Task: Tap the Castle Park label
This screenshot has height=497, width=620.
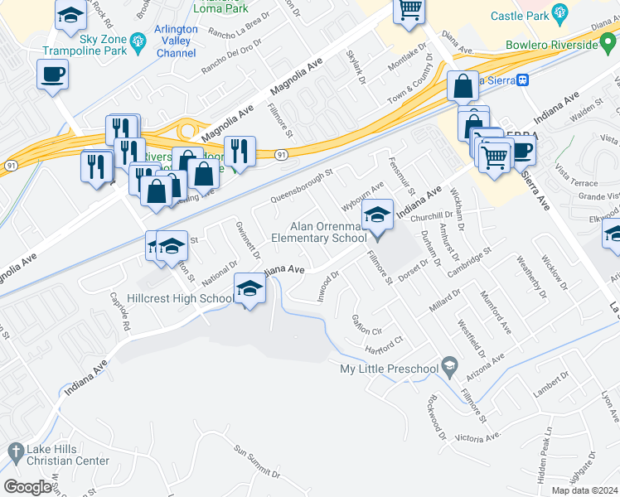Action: pyautogui.click(x=520, y=16)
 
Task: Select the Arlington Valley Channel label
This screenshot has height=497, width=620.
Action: pyautogui.click(x=177, y=41)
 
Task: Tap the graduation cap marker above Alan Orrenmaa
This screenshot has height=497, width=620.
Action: pyautogui.click(x=377, y=215)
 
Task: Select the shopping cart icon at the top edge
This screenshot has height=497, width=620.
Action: pyautogui.click(x=408, y=10)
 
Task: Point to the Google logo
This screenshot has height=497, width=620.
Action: pyautogui.click(x=28, y=487)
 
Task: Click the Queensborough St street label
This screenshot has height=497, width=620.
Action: pyautogui.click(x=301, y=187)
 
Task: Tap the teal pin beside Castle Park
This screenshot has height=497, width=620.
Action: pyautogui.click(x=560, y=14)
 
